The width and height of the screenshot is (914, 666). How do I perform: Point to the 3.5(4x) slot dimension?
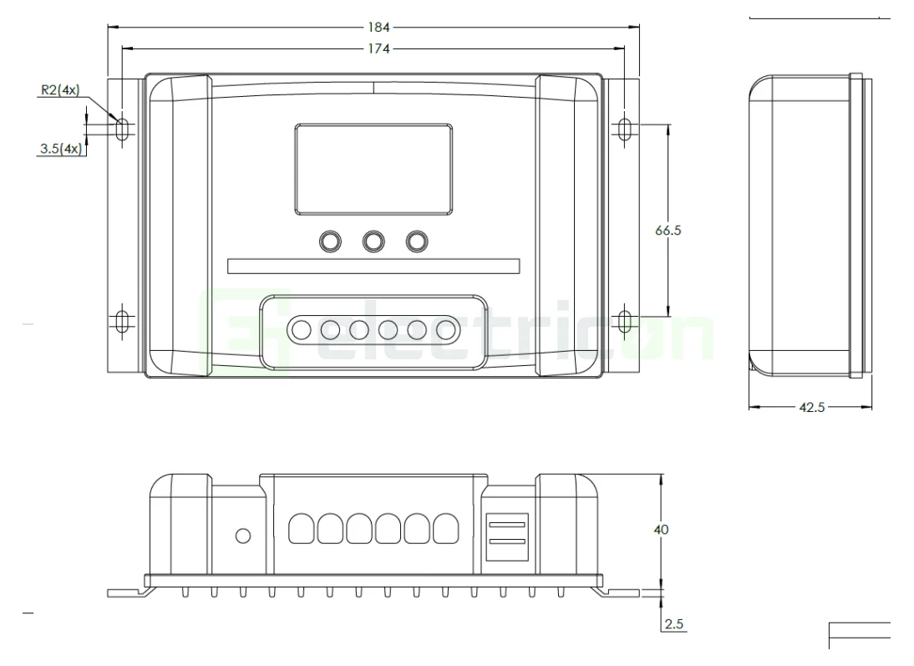60,150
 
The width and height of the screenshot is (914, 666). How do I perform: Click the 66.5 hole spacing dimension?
668,231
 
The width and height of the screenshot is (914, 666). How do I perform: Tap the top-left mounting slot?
122,129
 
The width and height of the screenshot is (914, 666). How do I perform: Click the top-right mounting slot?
626,129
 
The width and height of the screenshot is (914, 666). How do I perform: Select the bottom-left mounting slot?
122,321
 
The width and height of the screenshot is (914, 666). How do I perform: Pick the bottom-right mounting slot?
626,321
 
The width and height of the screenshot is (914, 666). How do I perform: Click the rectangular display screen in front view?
373,168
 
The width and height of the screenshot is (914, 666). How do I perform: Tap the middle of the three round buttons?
373,241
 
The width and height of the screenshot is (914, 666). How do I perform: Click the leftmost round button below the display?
330,241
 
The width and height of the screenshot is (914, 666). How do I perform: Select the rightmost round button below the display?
416,241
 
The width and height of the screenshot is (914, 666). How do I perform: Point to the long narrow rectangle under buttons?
373,267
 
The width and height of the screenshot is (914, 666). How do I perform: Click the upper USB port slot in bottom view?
507,525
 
